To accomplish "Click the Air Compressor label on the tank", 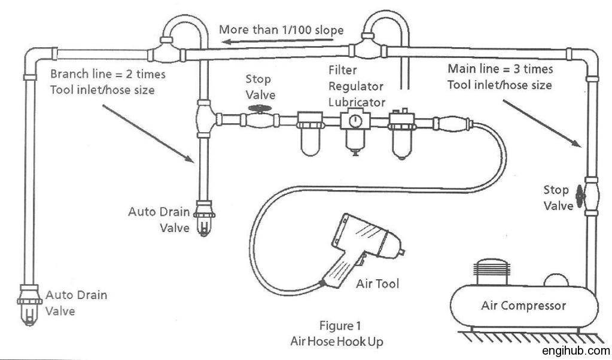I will pyautogui.click(x=523, y=306).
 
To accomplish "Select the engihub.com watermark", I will pyautogui.click(x=576, y=351).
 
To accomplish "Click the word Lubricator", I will pyautogui.click(x=361, y=101).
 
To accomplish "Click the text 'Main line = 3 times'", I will pyautogui.click(x=500, y=69).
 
